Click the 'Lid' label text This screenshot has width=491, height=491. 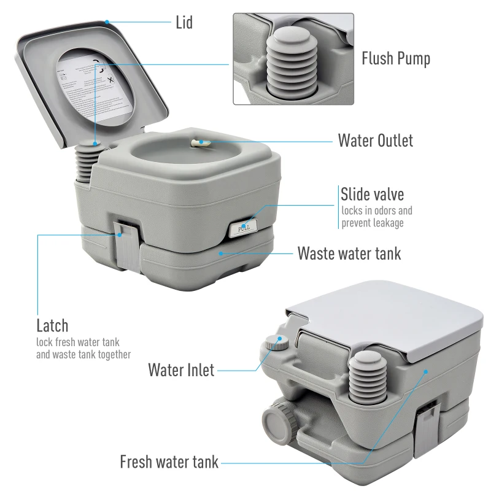(x=184, y=23)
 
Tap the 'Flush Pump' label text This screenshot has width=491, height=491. (x=395, y=58)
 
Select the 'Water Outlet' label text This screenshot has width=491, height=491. (x=375, y=141)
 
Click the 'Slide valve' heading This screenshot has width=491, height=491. (x=373, y=195)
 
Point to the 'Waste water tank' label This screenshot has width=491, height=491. (x=349, y=253)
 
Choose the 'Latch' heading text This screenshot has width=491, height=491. (x=52, y=325)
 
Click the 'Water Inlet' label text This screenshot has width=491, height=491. (x=181, y=369)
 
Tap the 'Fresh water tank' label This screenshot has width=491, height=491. (x=169, y=462)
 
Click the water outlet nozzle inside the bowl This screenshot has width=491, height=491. (x=200, y=142)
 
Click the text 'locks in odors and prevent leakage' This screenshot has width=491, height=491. (x=376, y=217)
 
